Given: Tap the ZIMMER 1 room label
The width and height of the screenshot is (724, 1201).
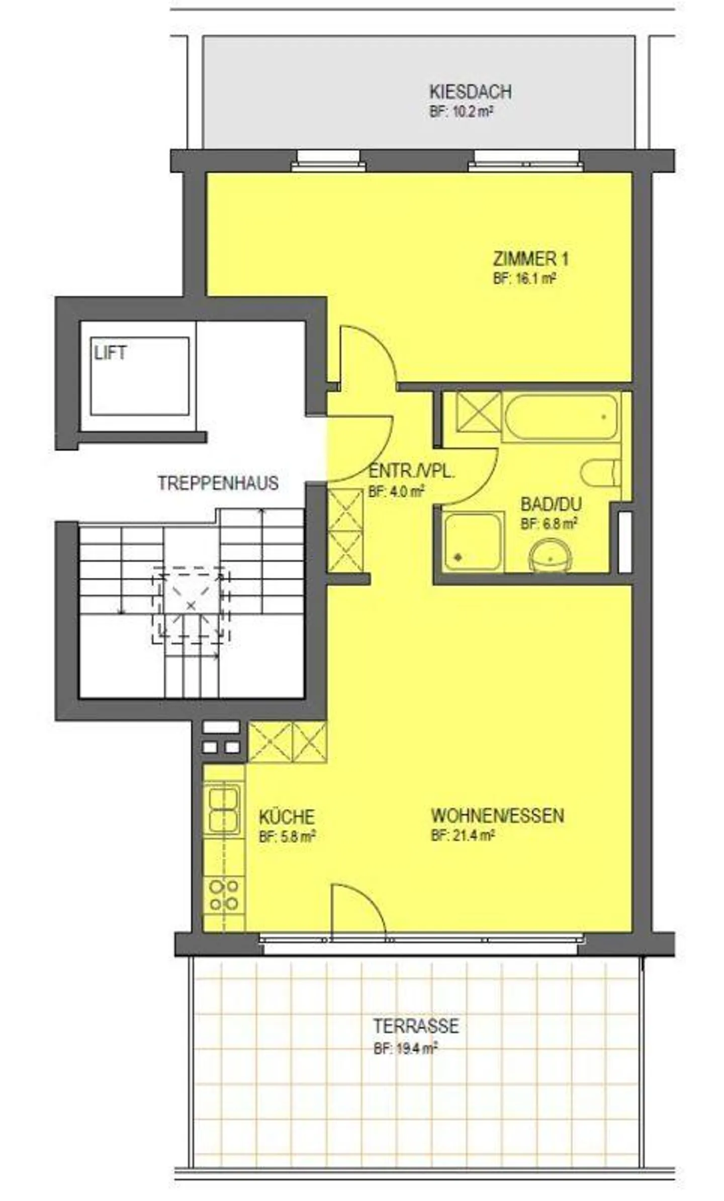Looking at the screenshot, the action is (x=530, y=259).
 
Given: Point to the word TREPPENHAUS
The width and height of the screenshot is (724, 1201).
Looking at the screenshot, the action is (x=218, y=482).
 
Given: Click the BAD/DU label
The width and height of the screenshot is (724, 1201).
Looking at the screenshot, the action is (x=551, y=504).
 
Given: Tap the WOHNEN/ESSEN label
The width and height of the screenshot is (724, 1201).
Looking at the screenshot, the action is (x=497, y=815).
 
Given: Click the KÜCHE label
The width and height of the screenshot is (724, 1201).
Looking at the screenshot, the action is (x=287, y=816).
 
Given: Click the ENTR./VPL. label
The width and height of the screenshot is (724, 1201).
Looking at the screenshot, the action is (x=412, y=472).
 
